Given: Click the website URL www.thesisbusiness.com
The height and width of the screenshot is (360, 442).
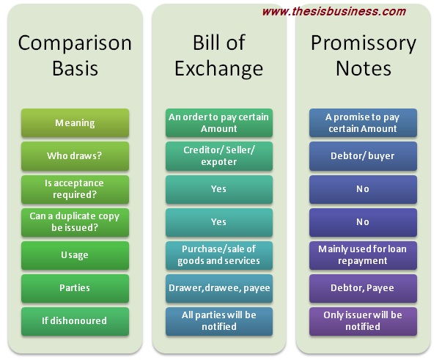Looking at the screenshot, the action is pyautogui.click(x=334, y=12).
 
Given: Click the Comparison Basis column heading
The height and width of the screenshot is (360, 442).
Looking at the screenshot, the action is pyautogui.click(x=75, y=56).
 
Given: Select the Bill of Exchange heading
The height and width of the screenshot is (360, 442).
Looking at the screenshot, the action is pyautogui.click(x=219, y=56).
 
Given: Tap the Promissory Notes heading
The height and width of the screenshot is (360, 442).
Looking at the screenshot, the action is pyautogui.click(x=364, y=56).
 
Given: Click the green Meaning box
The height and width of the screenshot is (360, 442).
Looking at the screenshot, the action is pyautogui.click(x=75, y=123).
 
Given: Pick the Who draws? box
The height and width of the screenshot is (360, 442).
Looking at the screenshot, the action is pyautogui.click(x=75, y=156).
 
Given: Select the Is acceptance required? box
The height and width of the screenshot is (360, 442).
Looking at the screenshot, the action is pyautogui.click(x=75, y=189).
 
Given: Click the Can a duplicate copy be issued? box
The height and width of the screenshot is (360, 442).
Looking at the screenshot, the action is pyautogui.click(x=75, y=222).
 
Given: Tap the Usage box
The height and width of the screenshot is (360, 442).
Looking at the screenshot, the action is pyautogui.click(x=75, y=255).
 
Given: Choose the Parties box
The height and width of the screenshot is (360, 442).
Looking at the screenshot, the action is pyautogui.click(x=75, y=288).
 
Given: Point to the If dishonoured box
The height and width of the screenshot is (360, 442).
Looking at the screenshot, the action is pyautogui.click(x=75, y=321).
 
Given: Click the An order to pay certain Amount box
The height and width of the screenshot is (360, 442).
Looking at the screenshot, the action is pyautogui.click(x=219, y=123).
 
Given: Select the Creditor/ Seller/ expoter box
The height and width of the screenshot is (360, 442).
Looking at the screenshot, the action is pyautogui.click(x=219, y=156).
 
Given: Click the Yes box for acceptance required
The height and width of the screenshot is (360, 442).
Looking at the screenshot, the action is pyautogui.click(x=219, y=189).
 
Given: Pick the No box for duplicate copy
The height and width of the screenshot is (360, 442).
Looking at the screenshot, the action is pyautogui.click(x=363, y=222).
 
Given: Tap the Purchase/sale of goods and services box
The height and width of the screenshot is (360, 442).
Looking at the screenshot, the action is pyautogui.click(x=219, y=255).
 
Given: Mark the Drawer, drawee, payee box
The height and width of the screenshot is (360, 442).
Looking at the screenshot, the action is pyautogui.click(x=219, y=288).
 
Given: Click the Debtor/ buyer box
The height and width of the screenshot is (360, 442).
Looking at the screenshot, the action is pyautogui.click(x=363, y=156).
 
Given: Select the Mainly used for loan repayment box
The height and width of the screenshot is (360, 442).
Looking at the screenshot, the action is pyautogui.click(x=363, y=255).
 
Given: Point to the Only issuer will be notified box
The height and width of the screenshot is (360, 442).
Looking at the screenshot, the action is pyautogui.click(x=363, y=321).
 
